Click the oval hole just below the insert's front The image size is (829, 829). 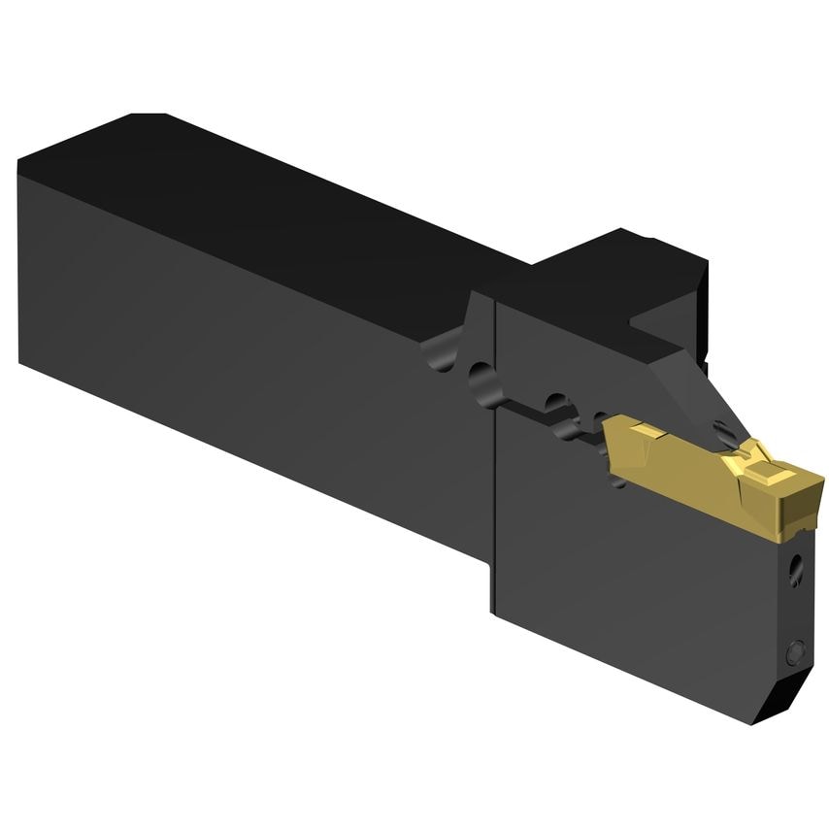pyautogui.click(x=797, y=568)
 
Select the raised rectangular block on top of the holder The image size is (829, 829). pyautogui.click(x=621, y=267)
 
